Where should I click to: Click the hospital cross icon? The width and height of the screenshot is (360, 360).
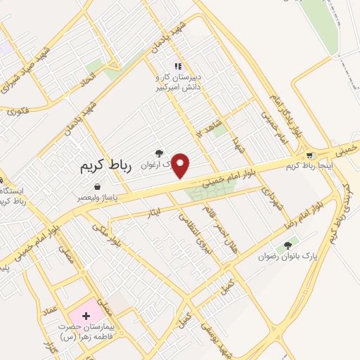point(88,310)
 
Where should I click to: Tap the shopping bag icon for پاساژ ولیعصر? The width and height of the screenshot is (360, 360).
point(96,188)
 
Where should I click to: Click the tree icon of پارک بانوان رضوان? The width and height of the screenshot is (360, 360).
point(286,246)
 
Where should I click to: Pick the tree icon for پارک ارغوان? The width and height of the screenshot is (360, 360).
point(159,153)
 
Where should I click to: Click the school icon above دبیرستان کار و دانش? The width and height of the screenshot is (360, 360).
point(178,65)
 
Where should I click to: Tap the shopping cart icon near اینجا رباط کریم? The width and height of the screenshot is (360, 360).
point(310,155)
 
